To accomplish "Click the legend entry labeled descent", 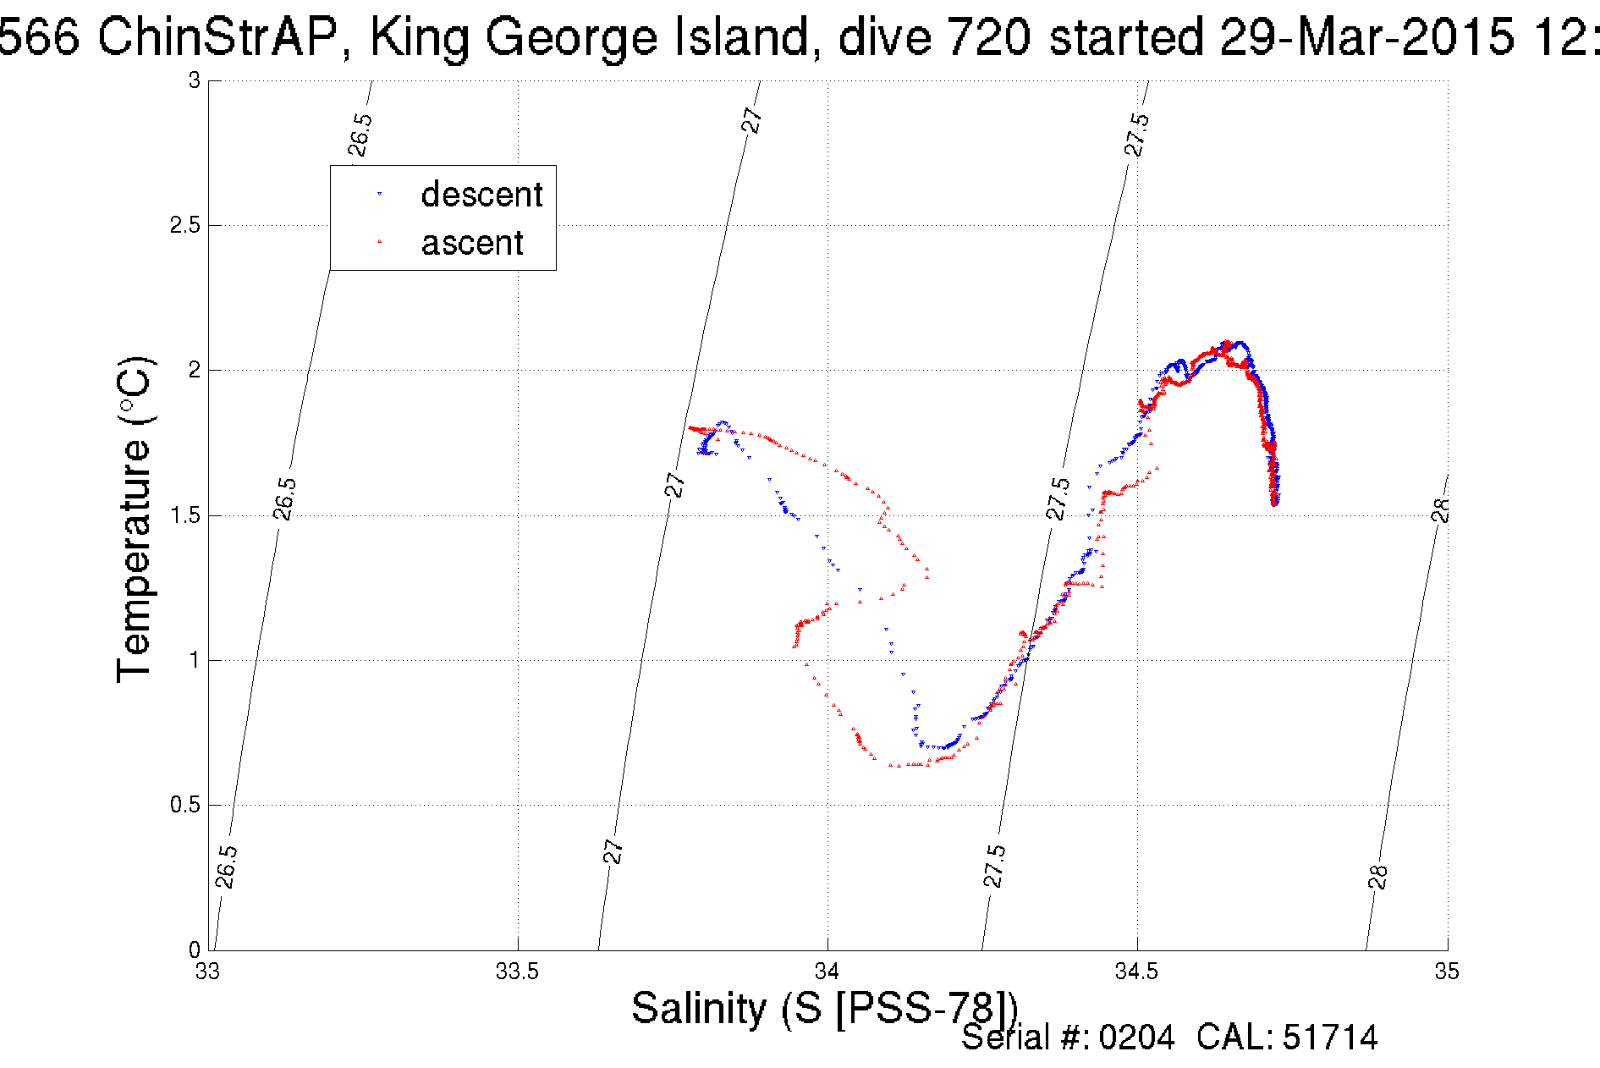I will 481,195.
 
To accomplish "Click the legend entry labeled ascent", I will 472,243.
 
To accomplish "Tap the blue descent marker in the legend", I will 379,195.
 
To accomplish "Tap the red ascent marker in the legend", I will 379,242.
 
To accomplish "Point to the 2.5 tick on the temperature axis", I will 184,225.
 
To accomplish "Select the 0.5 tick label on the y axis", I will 184,805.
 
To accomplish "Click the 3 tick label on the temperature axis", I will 195,80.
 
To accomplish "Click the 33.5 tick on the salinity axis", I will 517,972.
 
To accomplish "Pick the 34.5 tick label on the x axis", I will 1136,972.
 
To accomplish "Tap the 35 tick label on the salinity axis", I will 1446,972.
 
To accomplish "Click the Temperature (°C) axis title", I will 135,520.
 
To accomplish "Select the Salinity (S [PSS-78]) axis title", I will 824,1009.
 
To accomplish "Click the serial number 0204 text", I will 1136,1038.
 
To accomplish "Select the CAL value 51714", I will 1330,1038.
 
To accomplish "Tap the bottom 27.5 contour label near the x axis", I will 994,866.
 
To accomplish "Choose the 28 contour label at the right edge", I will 1441,510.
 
